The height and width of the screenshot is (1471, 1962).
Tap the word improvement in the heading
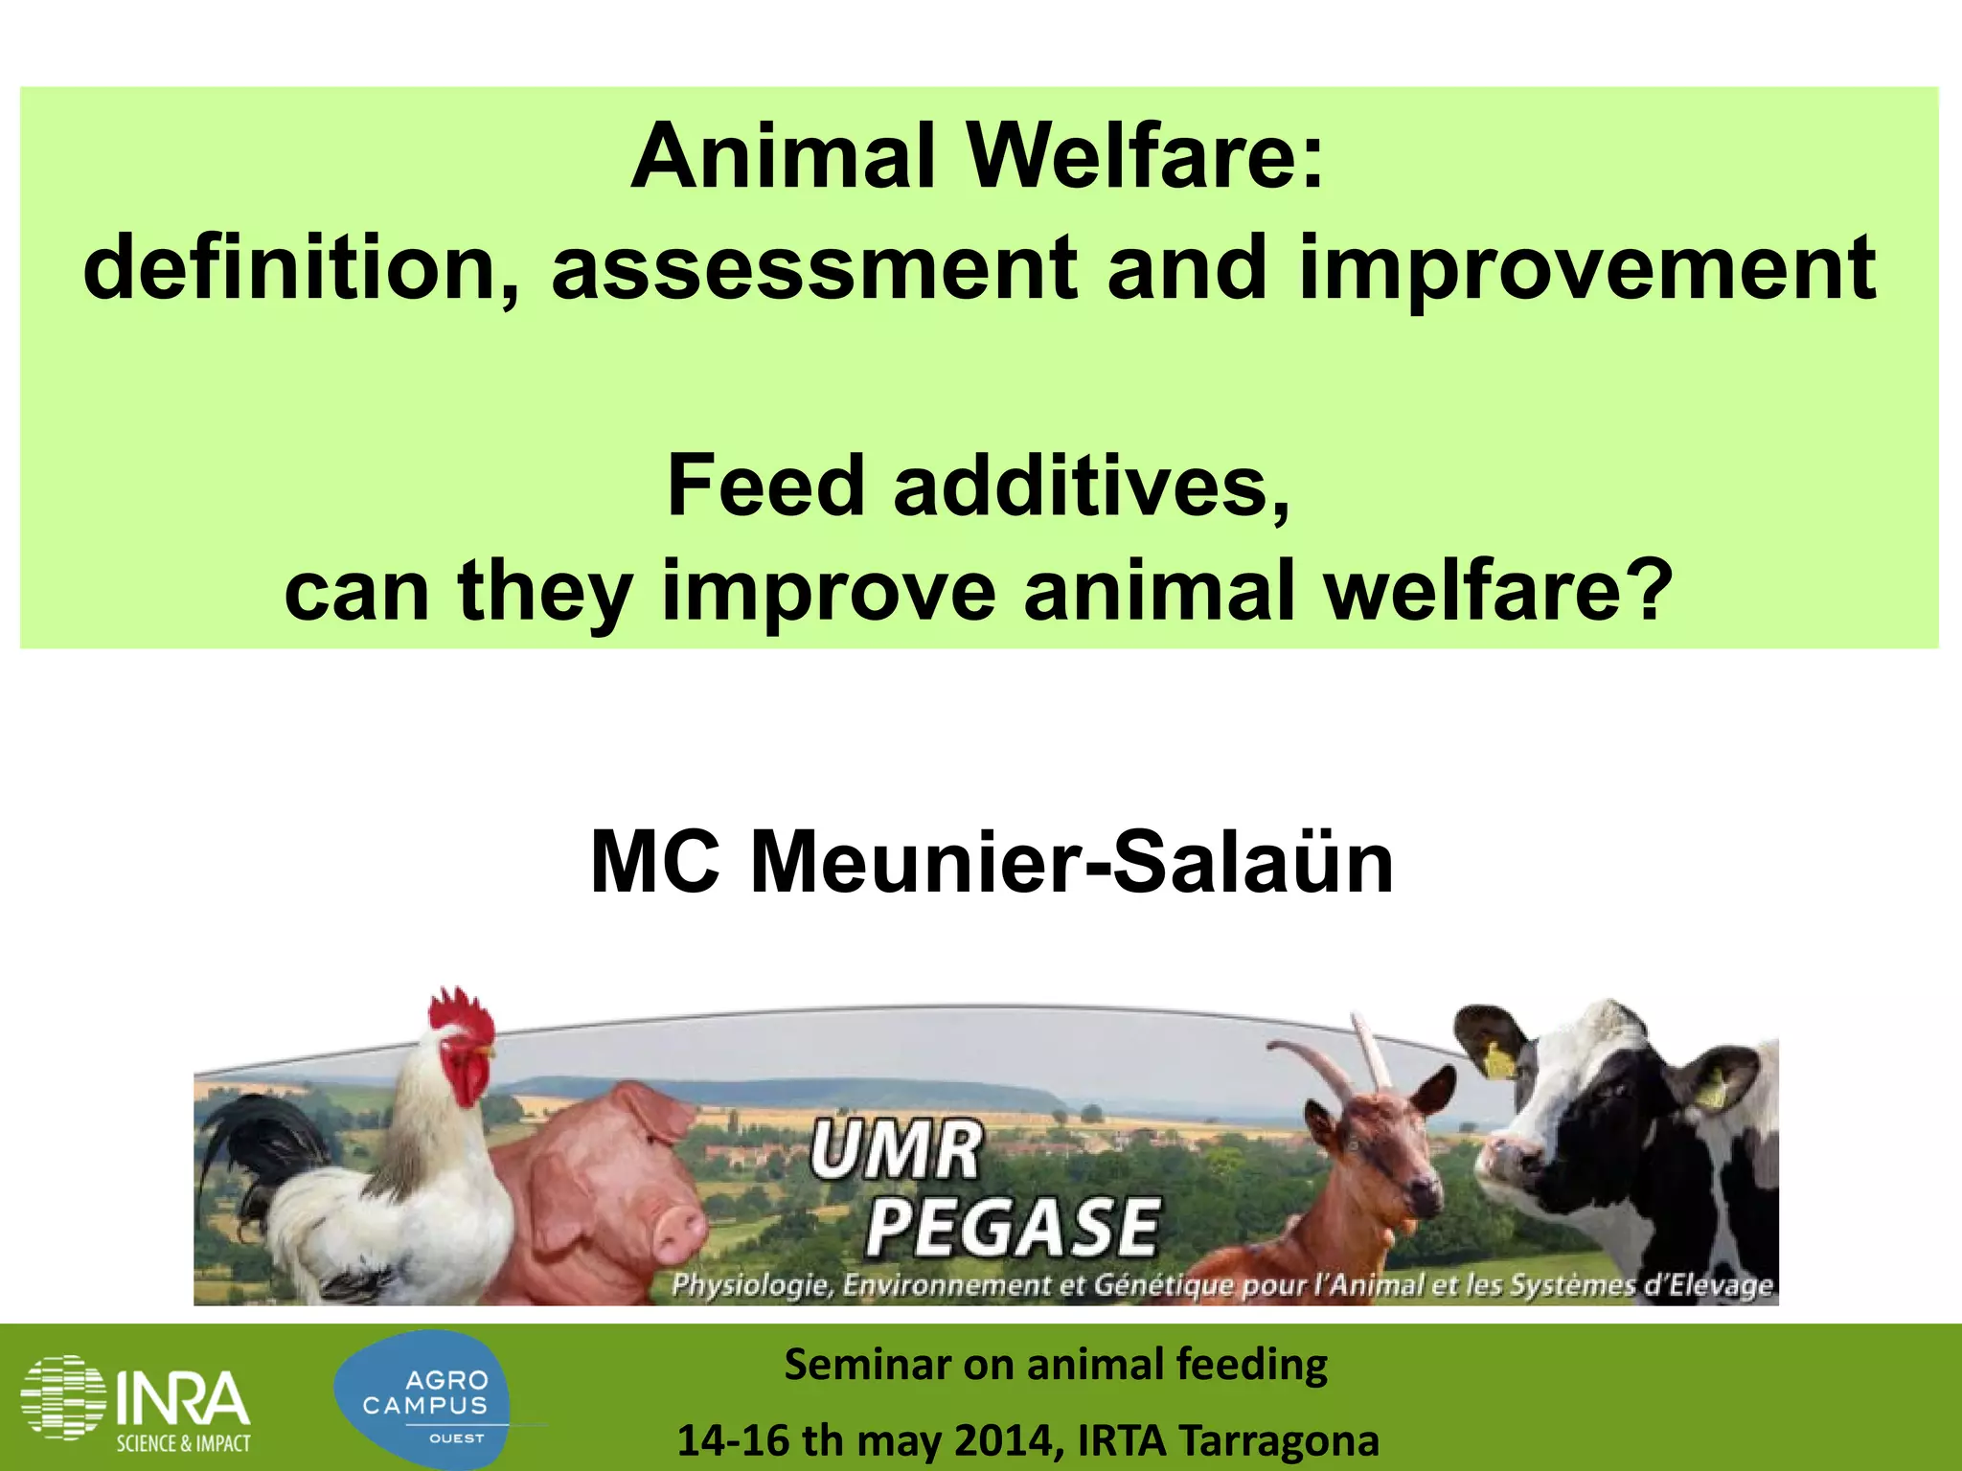pyautogui.click(x=1586, y=270)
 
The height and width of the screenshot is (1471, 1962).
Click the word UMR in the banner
pyautogui.click(x=895, y=1152)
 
